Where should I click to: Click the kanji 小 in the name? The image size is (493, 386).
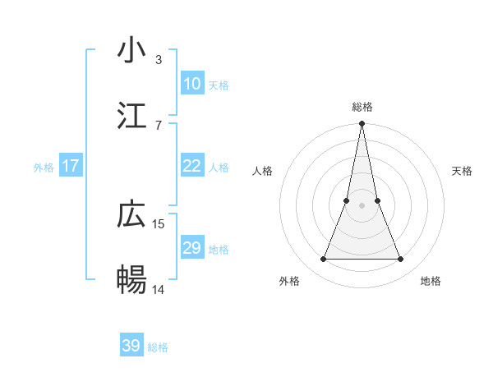(x=131, y=50)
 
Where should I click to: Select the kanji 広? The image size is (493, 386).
(x=131, y=214)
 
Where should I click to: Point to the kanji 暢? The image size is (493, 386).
(x=131, y=280)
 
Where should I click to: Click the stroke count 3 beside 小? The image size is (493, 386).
(x=159, y=59)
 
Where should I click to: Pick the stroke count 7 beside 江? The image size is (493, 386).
(x=159, y=125)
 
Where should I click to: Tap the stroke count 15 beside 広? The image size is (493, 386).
(x=159, y=223)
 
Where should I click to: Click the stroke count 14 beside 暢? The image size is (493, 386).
(x=159, y=289)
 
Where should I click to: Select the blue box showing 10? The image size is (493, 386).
(x=191, y=84)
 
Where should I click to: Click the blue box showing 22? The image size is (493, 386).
(x=191, y=166)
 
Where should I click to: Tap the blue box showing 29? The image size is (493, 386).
(x=191, y=248)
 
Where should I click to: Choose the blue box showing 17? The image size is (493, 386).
(x=71, y=166)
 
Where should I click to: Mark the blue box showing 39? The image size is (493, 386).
(x=131, y=346)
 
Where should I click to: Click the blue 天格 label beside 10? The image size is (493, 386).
(x=219, y=85)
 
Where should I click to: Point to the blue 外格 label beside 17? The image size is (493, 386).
(x=44, y=167)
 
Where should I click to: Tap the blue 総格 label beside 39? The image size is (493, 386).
(x=158, y=347)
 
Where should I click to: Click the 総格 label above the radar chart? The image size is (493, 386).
(x=362, y=107)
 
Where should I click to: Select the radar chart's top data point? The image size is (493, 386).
(x=362, y=124)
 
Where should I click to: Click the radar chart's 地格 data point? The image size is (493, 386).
(x=400, y=260)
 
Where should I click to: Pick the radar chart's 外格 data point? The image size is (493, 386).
(x=323, y=260)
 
